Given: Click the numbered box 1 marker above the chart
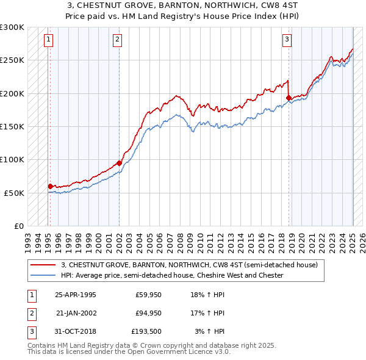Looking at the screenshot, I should pyautogui.click(x=48, y=40).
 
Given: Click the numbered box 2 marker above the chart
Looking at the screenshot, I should pyautogui.click(x=117, y=40).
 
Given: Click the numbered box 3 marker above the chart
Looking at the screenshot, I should pyautogui.click(x=287, y=40).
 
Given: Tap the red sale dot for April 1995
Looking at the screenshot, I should pyautogui.click(x=50, y=186).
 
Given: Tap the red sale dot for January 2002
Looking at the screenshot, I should pyautogui.click(x=119, y=163).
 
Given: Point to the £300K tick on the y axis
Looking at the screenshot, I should pyautogui.click(x=12, y=28).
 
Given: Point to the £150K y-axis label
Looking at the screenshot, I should pyautogui.click(x=12, y=127).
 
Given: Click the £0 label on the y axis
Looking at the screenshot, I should pyautogui.click(x=18, y=226).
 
